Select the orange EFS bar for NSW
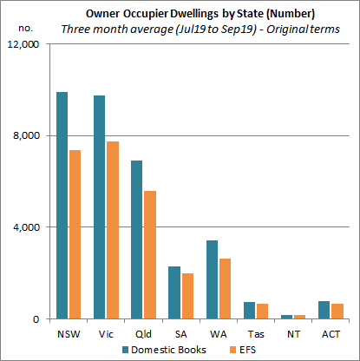(75, 234)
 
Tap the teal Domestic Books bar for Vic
(100, 207)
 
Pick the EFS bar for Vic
(112, 230)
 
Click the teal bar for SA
(173, 292)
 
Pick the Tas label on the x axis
(254, 332)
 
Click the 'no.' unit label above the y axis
(25, 28)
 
